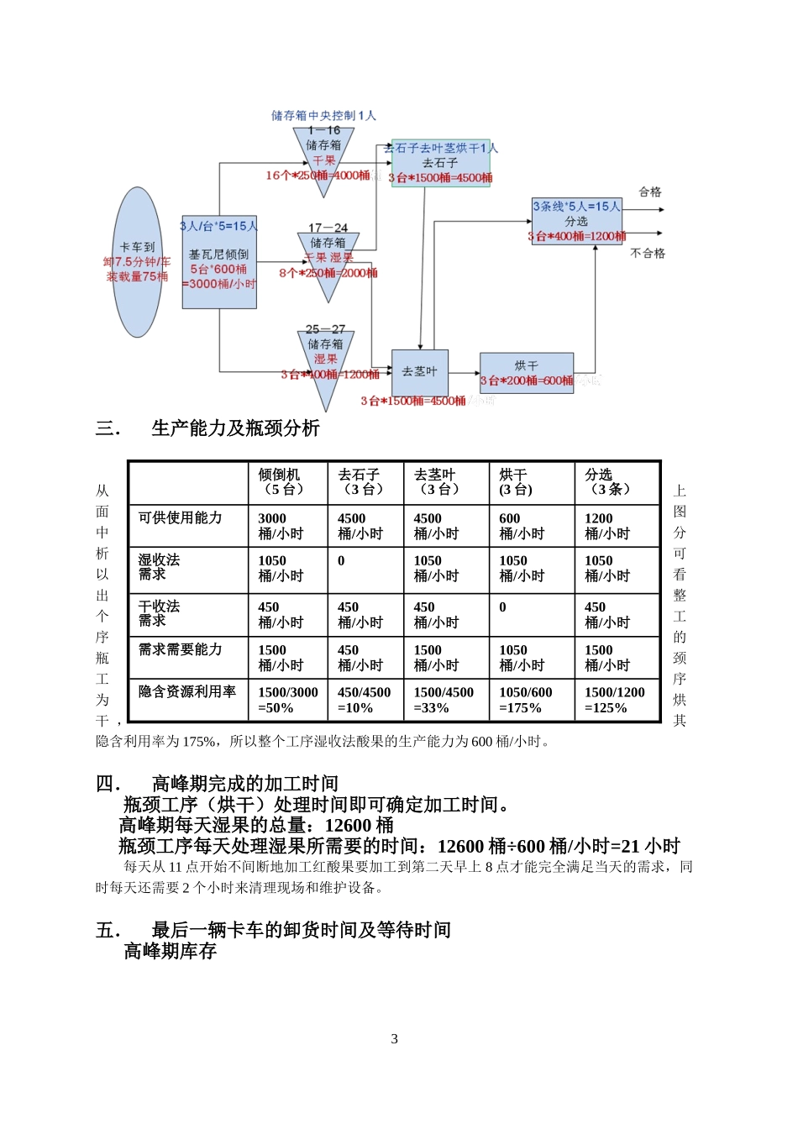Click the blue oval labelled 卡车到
tap(138, 262)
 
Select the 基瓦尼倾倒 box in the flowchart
tap(219, 262)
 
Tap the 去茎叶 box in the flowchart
tap(420, 371)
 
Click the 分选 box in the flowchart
tap(576, 221)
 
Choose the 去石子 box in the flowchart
tap(440, 164)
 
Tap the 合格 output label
tap(650, 192)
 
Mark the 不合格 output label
tap(648, 253)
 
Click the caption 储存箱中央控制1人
tap(323, 115)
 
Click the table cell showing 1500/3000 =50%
tap(287, 700)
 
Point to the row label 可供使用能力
tap(181, 517)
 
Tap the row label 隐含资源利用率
tap(187, 691)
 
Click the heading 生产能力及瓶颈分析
tap(235, 428)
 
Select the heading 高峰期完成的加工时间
tap(244, 784)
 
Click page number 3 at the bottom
tap(395, 1039)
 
